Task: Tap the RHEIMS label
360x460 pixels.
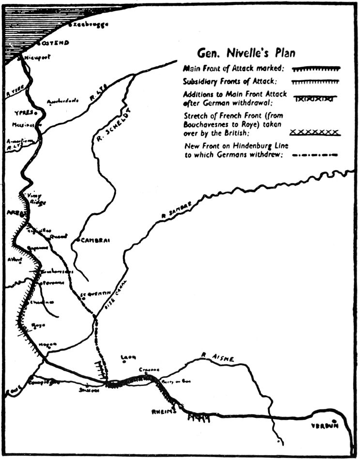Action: [163, 413]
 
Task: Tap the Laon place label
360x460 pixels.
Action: [128, 357]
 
